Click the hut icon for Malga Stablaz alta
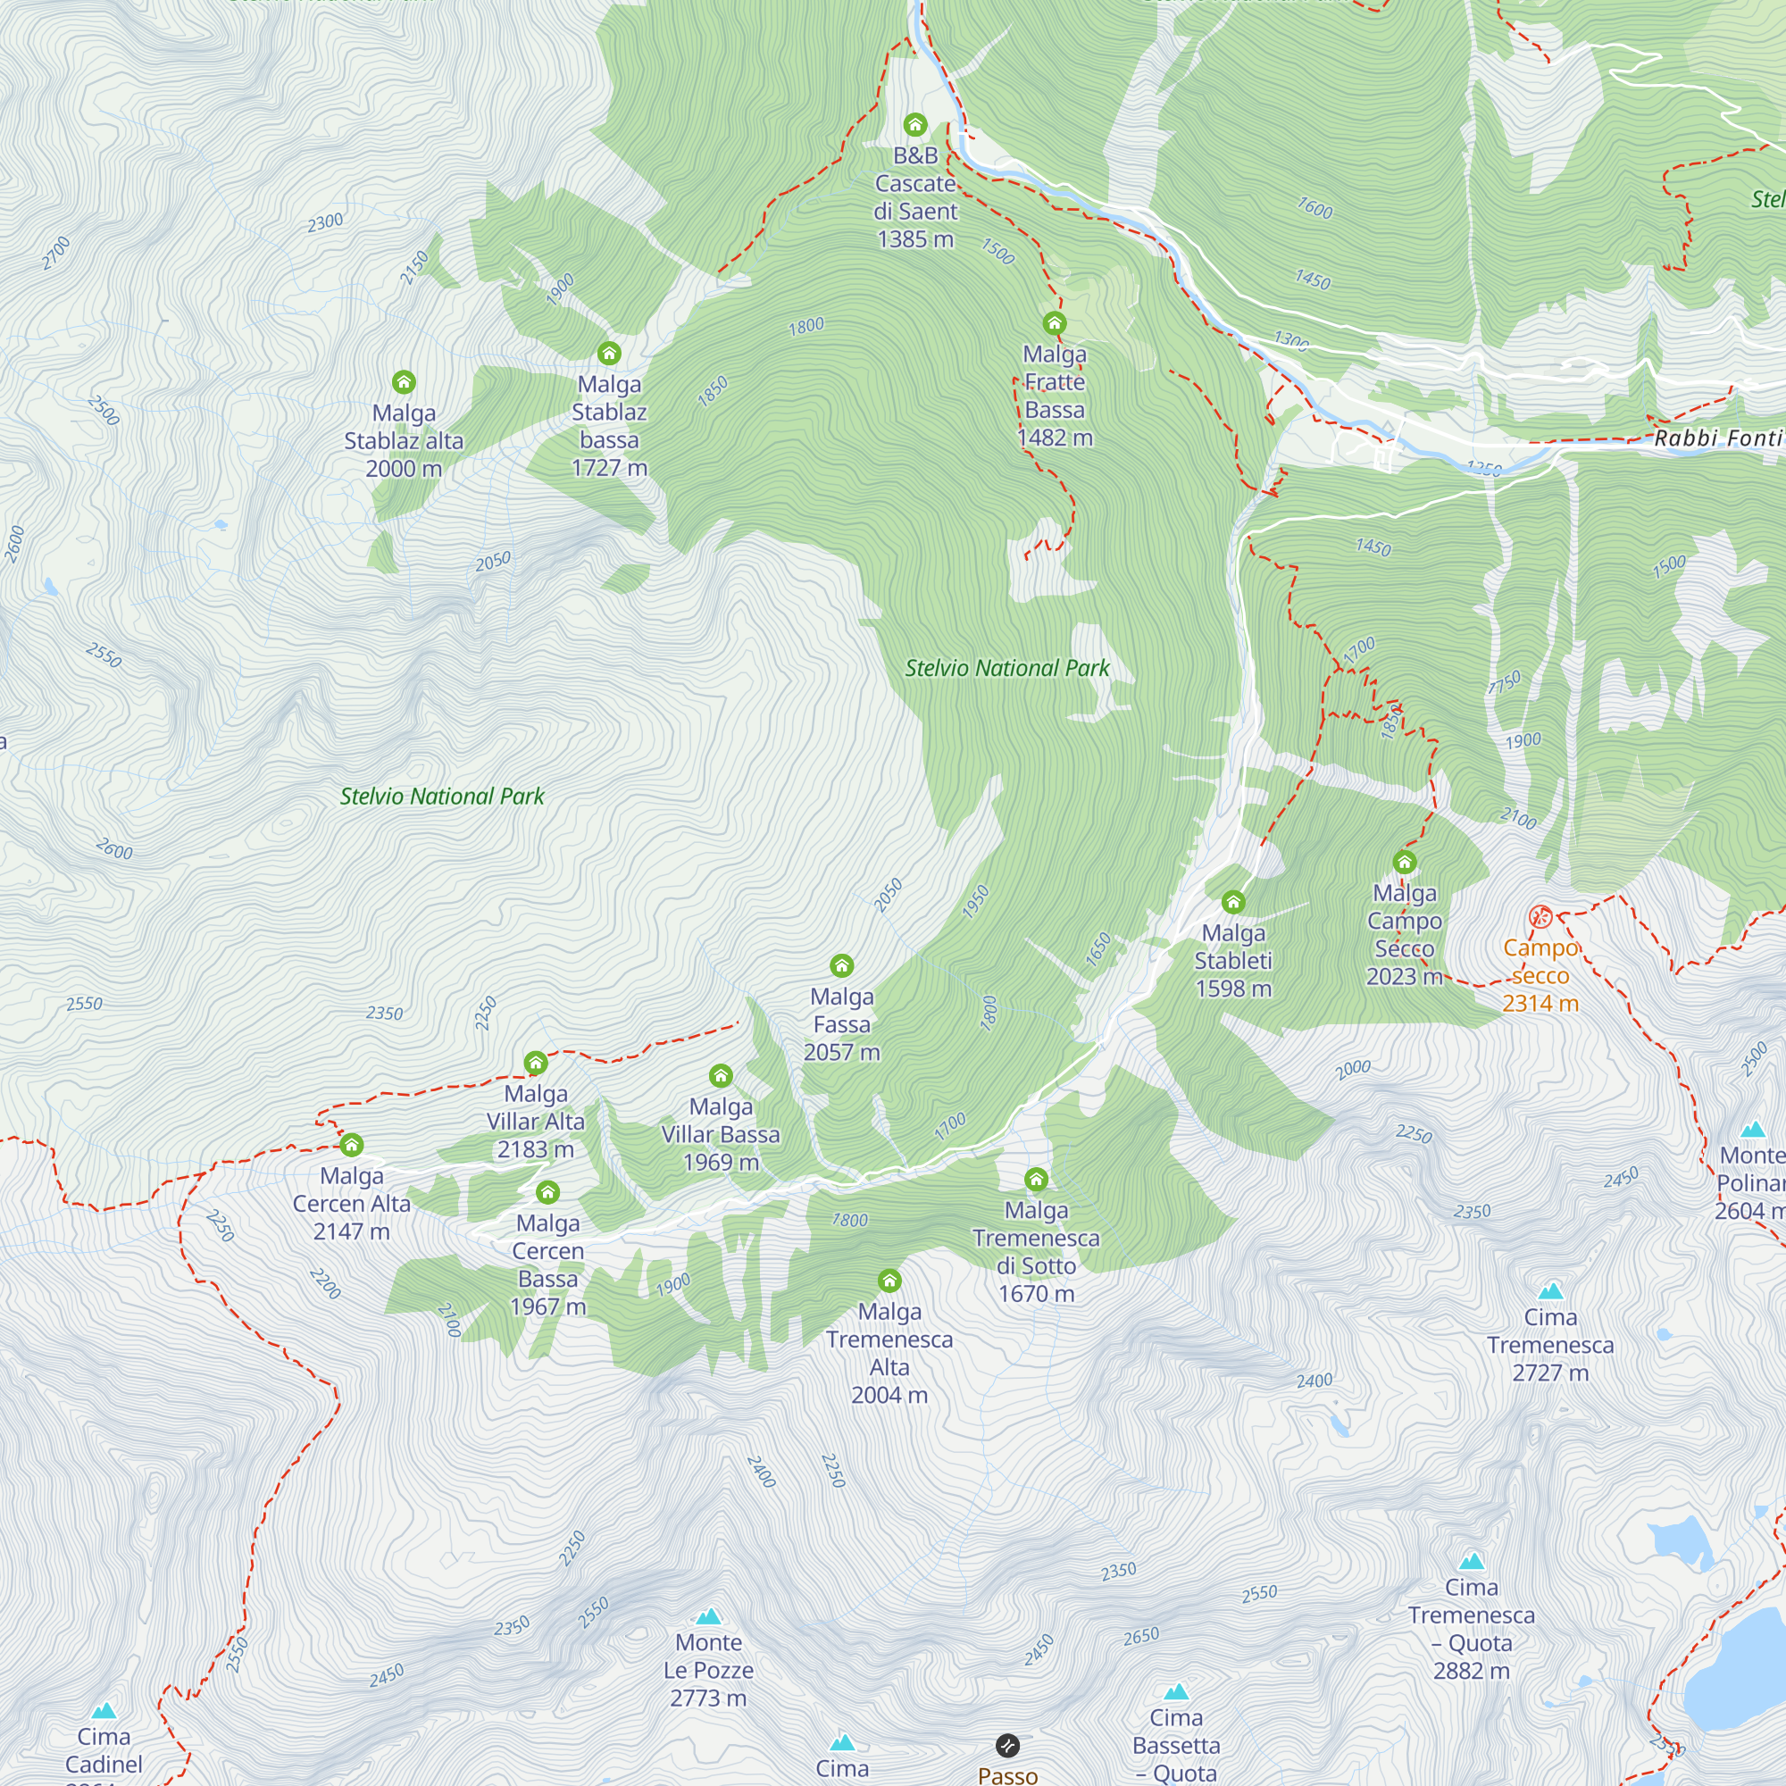pos(404,382)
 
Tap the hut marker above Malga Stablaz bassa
pos(608,353)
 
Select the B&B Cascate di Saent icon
pos(915,125)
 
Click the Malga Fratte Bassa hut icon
pos(1054,322)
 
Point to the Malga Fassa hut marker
pos(841,966)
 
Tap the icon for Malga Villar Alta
pos(535,1063)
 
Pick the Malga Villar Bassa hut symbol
pos(720,1076)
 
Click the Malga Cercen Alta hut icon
pos(351,1146)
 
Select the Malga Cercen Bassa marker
pos(547,1191)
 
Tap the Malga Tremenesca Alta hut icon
pos(889,1281)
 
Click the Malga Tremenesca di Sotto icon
pos(1035,1179)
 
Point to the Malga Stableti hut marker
pos(1233,901)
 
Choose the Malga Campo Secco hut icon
pos(1404,863)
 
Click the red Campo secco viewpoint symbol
pos(1540,916)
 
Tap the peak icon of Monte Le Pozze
pos(708,1617)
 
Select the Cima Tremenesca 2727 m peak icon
pos(1550,1291)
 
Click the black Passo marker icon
pos(1007,1745)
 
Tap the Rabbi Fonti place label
pos(1717,438)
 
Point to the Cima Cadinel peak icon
pos(104,1711)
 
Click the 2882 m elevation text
pos(1471,1671)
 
